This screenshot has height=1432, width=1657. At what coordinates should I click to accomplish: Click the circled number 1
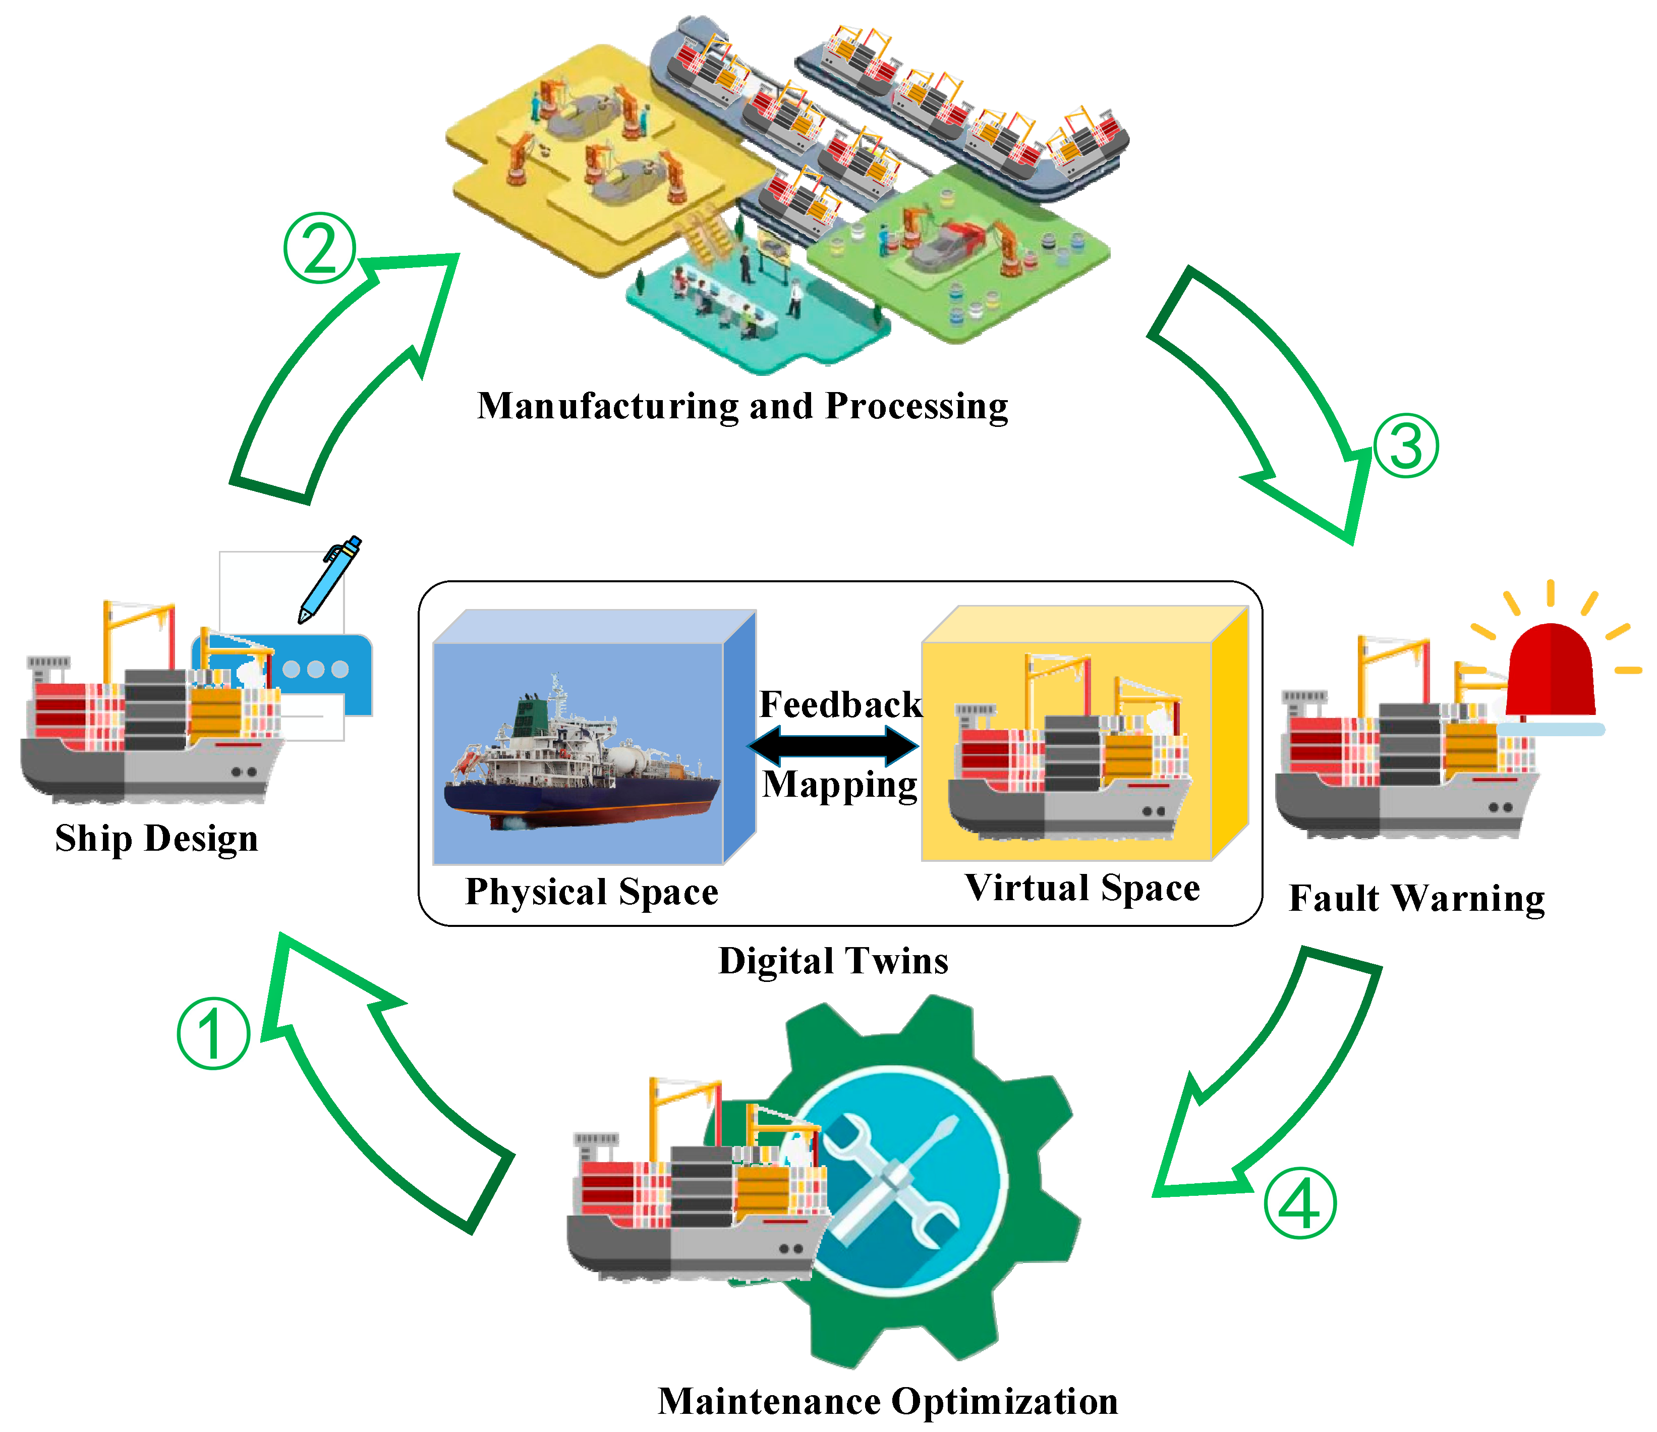tap(213, 1033)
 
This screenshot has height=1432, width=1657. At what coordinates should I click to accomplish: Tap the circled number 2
tap(320, 248)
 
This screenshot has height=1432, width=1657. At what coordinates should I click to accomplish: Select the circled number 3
tap(1406, 446)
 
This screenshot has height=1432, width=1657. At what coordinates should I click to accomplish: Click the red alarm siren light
tap(1550, 671)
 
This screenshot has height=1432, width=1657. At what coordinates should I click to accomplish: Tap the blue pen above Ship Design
tap(329, 579)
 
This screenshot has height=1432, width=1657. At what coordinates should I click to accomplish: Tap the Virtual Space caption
tap(1082, 888)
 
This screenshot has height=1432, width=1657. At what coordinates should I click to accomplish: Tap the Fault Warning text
tap(1416, 898)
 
